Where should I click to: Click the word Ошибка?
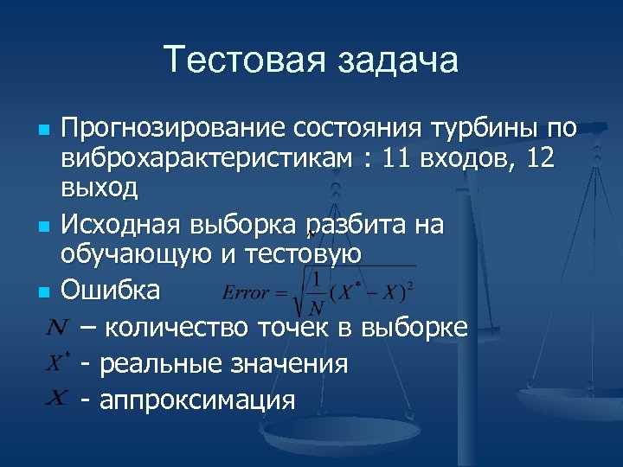click(110, 290)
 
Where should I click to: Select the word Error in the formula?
click(247, 293)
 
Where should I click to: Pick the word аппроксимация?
click(198, 400)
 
